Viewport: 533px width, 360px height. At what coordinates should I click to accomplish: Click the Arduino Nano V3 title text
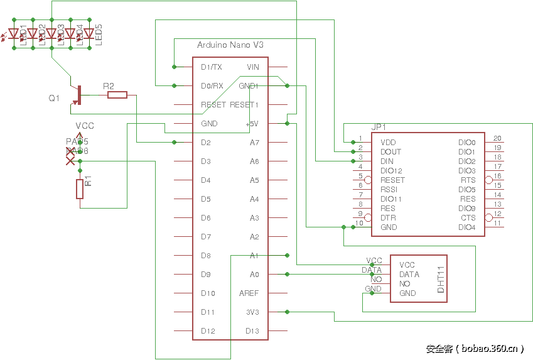230,45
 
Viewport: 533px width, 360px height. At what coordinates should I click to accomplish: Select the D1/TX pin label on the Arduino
211,67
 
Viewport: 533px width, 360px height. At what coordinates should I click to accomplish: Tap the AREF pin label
249,293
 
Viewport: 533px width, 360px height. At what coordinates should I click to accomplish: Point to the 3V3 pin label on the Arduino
252,312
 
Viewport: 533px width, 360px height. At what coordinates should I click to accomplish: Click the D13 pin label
252,331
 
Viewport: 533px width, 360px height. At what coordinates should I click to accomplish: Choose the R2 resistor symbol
117,95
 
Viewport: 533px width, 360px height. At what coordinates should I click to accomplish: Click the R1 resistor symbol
80,189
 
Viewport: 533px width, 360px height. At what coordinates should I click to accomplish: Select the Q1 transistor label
54,99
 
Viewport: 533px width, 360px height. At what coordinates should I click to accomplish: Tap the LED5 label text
99,35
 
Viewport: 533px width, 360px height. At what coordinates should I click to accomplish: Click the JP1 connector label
379,126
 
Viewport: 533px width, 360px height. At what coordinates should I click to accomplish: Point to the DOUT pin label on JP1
390,152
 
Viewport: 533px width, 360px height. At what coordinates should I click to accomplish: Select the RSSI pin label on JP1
389,190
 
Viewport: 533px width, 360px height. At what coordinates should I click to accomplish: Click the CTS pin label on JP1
468,218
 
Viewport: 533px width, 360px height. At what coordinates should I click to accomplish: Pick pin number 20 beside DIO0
497,138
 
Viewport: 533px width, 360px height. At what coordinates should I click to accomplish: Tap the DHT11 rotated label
440,278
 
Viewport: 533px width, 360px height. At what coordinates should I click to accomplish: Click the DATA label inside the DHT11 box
409,275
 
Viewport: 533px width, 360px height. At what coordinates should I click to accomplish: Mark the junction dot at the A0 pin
287,275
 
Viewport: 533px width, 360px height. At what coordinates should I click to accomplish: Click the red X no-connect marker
70,161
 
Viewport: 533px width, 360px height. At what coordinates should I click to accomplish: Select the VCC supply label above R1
85,126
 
